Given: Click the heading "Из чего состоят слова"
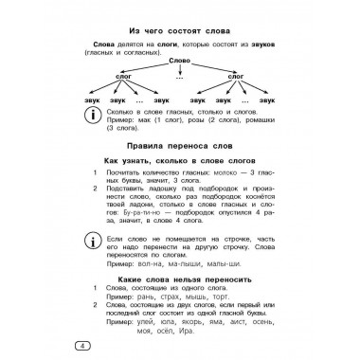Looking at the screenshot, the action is click(180, 29).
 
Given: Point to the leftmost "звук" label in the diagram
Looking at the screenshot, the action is click(93, 101).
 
